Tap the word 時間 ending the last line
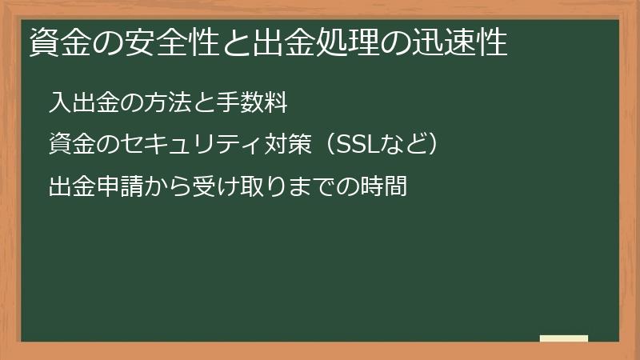(386, 188)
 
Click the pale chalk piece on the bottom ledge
(563, 338)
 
